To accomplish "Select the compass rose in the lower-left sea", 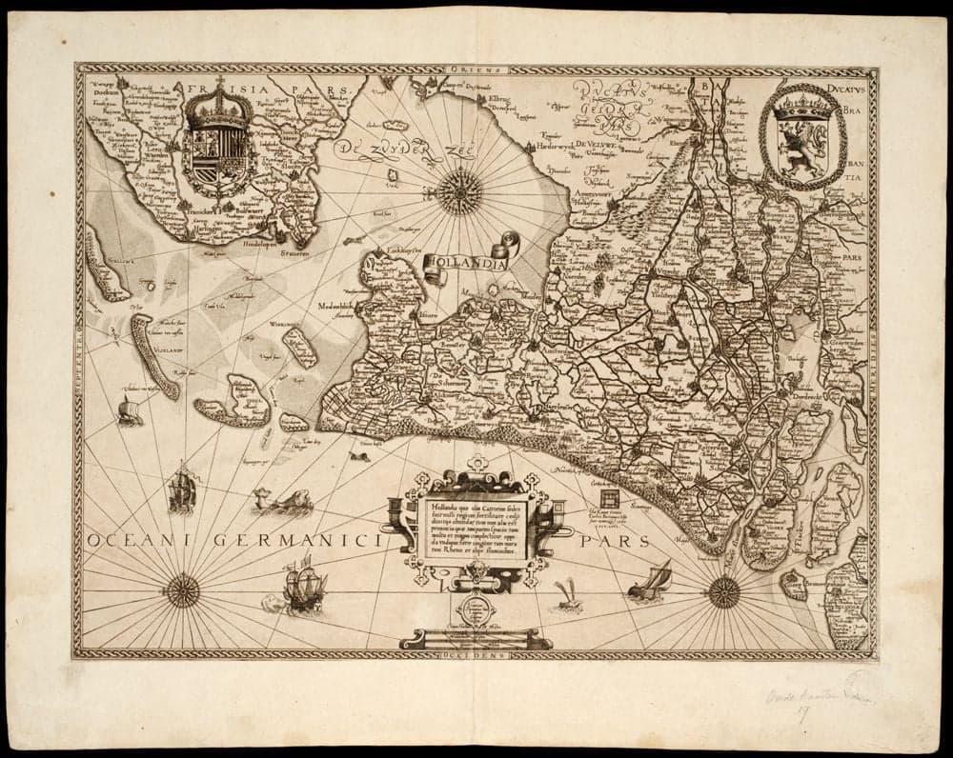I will point(181,591).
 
